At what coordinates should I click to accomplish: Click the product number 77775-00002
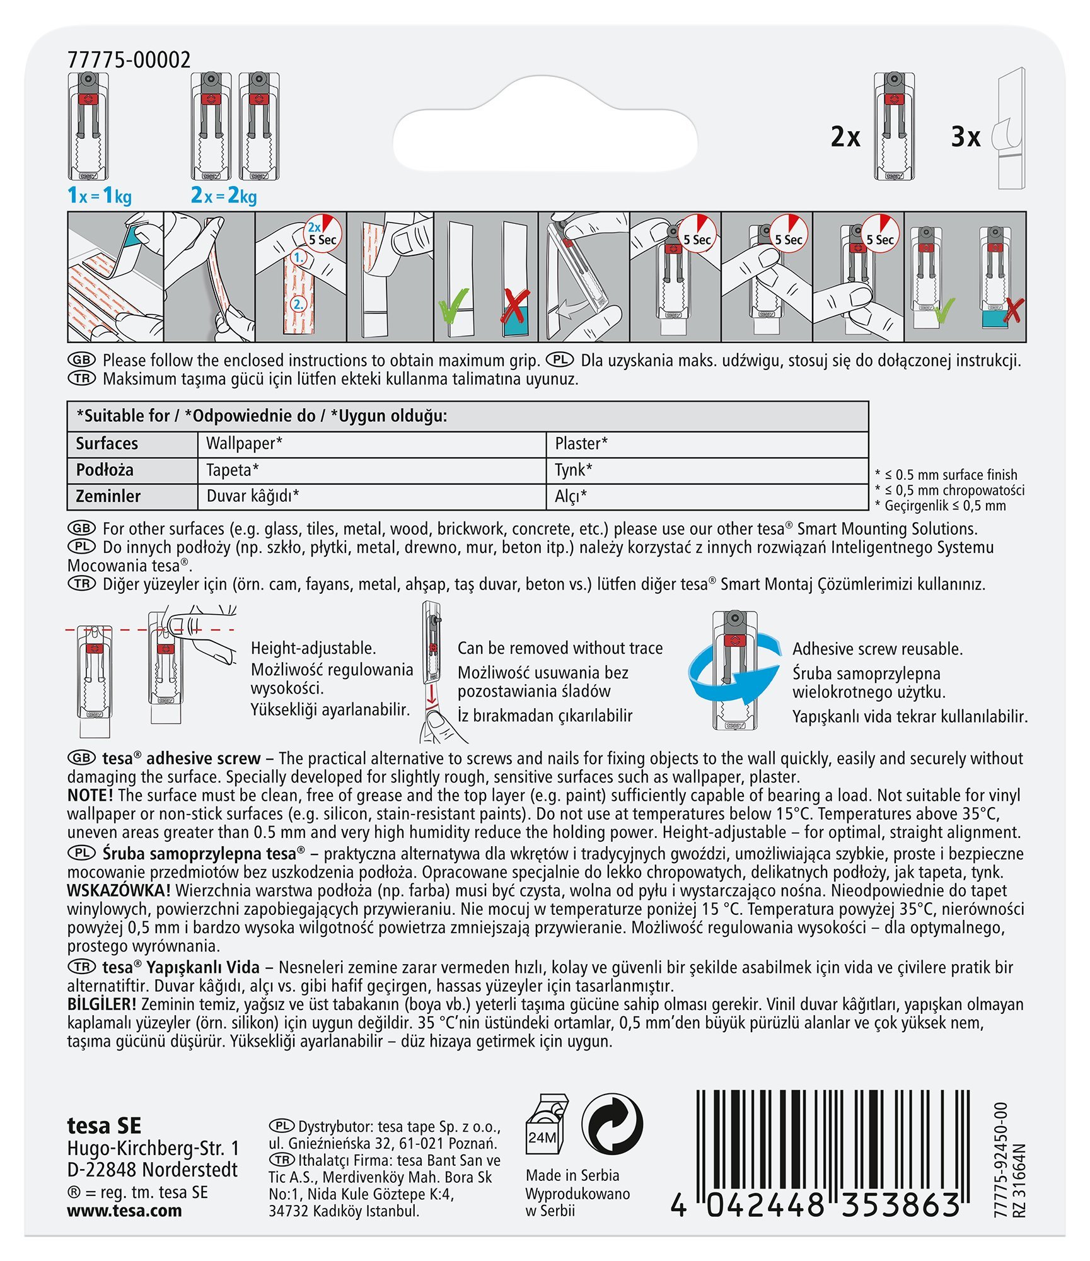[129, 60]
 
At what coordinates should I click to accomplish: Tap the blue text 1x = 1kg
[100, 195]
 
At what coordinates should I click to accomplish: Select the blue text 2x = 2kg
[224, 195]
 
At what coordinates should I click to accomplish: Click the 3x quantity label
[965, 137]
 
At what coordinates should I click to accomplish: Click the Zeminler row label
[108, 496]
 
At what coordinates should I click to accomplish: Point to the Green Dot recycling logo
[612, 1125]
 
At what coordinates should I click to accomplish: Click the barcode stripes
[832, 1141]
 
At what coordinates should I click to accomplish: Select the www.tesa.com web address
[124, 1211]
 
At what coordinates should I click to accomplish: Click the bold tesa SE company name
[104, 1125]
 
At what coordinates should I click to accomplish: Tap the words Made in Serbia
[572, 1175]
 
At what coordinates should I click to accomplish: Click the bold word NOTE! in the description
[90, 795]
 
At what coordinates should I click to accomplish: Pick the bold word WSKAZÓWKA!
[119, 890]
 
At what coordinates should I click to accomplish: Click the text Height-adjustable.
[313, 648]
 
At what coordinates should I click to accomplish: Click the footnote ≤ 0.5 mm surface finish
[951, 475]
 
